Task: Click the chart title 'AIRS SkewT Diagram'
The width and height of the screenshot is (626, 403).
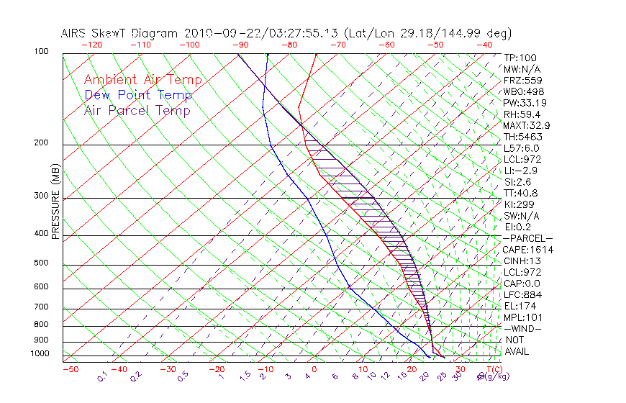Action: coord(120,34)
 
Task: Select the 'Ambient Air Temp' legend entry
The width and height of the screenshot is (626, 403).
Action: coord(143,80)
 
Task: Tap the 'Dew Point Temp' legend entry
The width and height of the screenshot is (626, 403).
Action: coord(138,95)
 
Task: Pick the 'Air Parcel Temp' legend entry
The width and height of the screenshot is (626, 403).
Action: coord(137,110)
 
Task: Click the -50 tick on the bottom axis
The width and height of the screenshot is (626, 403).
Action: coord(70,368)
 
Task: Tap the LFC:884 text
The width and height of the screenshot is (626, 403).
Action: coord(522,294)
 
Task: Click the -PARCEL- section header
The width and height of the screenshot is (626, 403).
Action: coord(528,238)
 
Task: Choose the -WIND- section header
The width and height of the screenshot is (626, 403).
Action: coord(523,328)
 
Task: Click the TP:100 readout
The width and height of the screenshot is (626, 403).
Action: coord(520,58)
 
